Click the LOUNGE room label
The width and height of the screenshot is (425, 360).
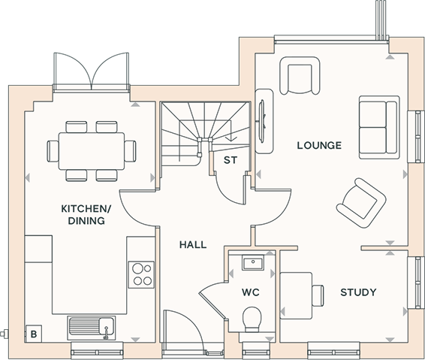pos(319,145)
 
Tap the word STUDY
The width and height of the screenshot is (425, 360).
pos(358,292)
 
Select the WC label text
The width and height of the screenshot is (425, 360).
pos(251,292)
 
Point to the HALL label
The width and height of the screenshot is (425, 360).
pos(193,245)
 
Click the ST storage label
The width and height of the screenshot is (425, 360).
pos(231,160)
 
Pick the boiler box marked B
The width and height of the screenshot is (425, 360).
pos(33,334)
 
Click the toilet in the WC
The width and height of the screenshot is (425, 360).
pos(252,319)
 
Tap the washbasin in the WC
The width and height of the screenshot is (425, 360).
pos(253,262)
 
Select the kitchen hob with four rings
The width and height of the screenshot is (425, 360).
pos(141,274)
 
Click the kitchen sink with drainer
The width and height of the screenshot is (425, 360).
pos(92,328)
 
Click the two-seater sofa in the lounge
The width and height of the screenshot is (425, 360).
pos(379,127)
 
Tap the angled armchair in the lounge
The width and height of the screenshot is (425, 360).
pos(361,203)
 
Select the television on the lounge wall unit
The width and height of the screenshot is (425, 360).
pos(262,121)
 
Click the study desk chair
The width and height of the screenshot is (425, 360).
pos(318,295)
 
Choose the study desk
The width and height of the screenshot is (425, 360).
pos(296,295)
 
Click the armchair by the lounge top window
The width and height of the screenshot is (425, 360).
pos(300,76)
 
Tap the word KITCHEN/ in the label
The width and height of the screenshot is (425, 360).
pos(86,209)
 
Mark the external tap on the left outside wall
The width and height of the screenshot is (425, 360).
pos(4,334)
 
